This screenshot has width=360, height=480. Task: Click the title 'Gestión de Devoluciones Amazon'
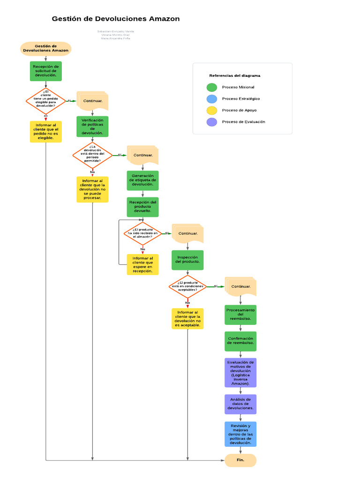click(115, 19)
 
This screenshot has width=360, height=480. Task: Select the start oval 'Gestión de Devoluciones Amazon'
click(45, 48)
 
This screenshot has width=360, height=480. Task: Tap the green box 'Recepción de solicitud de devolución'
click(45, 71)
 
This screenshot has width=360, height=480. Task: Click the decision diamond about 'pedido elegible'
click(45, 100)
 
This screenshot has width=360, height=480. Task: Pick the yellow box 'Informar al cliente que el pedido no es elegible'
click(45, 132)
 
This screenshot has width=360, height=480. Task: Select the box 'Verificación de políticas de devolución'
click(92, 127)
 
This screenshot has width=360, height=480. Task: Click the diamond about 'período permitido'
click(92, 155)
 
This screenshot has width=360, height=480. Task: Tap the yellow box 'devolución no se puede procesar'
click(92, 189)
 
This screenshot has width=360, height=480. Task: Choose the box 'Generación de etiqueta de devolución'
click(142, 180)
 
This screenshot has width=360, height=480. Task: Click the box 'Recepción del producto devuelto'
click(142, 207)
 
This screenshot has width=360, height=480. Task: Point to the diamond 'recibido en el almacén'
click(142, 233)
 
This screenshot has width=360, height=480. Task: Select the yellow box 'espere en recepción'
click(142, 264)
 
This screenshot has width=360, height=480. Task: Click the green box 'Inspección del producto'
click(187, 260)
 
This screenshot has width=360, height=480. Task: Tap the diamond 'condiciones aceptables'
click(187, 286)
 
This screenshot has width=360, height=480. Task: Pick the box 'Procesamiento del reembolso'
click(240, 315)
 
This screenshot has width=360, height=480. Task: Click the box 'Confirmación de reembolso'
click(240, 341)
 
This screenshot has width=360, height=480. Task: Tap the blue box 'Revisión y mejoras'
click(240, 434)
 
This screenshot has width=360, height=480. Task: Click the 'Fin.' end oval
click(240, 460)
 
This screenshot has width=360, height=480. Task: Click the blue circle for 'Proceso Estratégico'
click(212, 99)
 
